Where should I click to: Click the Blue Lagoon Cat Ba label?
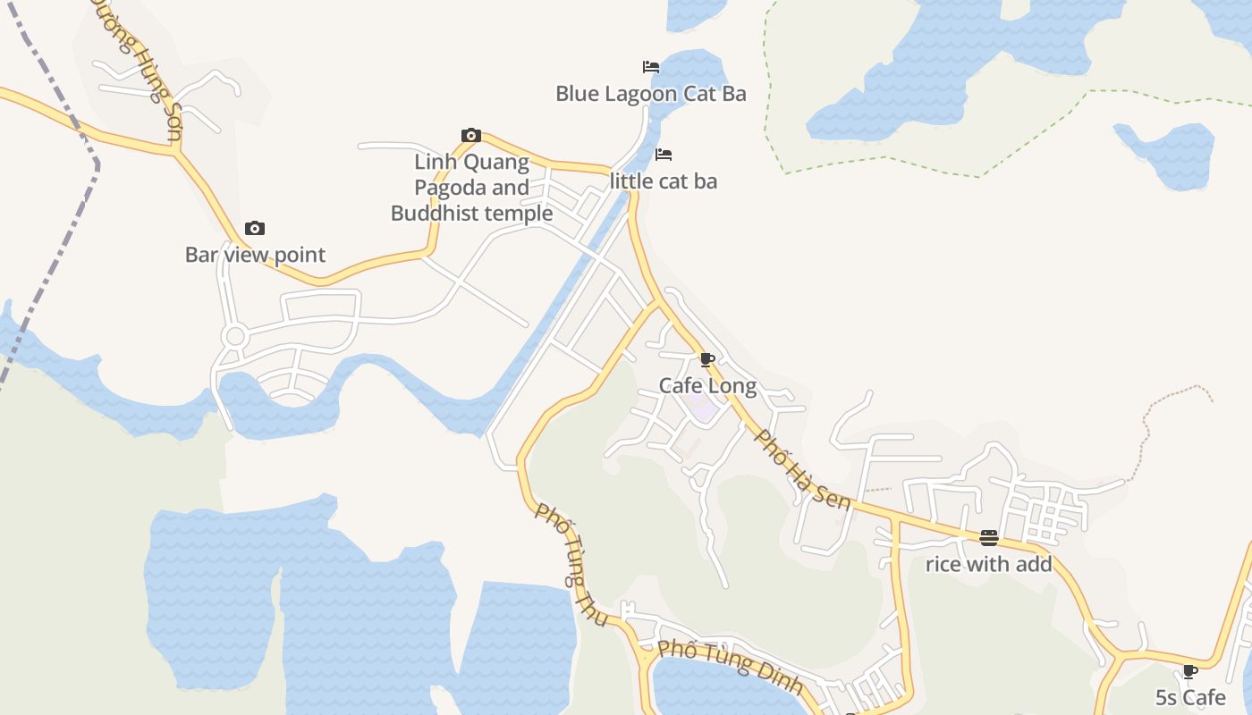(x=650, y=94)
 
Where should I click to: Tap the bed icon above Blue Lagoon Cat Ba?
(x=651, y=67)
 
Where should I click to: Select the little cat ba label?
(x=663, y=181)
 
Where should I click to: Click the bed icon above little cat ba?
(x=664, y=155)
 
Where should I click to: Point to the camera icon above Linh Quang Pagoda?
(x=471, y=136)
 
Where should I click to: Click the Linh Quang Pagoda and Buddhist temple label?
(x=471, y=188)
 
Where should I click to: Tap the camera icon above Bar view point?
(x=255, y=229)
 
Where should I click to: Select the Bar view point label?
(x=255, y=255)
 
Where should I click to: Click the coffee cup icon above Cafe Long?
(x=707, y=360)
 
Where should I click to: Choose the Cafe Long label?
(x=707, y=386)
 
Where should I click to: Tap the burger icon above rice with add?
(x=988, y=538)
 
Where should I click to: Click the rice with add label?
(x=988, y=564)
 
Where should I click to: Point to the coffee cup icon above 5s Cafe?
(x=1190, y=671)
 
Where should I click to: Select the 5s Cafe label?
(x=1190, y=697)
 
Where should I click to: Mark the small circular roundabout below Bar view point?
(x=235, y=337)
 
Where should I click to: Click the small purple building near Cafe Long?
(x=704, y=411)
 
